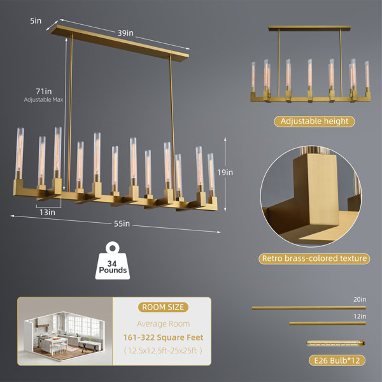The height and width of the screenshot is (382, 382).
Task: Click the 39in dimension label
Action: coord(125,33)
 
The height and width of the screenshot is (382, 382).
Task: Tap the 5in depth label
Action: coord(36,21)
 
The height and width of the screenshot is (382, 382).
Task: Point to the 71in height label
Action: coord(44,91)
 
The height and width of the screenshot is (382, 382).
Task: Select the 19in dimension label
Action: coord(225,173)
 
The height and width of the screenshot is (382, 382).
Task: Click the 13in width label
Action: coord(48,213)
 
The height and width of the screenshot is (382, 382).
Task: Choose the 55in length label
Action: coord(122,223)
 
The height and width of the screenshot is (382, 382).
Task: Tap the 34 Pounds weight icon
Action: coord(113,260)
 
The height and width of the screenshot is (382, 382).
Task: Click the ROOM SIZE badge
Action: coord(163,308)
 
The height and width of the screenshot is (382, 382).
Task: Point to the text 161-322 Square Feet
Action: coord(163,337)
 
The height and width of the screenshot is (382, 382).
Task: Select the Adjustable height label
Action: coord(315,122)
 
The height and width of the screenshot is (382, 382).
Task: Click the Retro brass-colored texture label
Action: coord(315,258)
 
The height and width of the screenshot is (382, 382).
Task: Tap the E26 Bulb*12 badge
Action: coord(337,360)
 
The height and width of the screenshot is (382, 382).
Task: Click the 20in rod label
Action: coord(360,299)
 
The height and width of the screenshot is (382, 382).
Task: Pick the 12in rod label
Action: coord(360,316)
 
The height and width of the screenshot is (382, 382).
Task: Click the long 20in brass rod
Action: coord(309,308)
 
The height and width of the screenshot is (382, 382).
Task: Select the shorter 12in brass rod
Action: coord(328,323)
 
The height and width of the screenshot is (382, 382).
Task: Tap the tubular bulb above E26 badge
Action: coord(336,344)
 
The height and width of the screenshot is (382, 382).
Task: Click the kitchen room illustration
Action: coord(64,331)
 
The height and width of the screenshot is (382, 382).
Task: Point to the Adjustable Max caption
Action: coord(43,100)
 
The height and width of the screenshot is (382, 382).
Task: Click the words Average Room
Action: coord(163,324)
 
